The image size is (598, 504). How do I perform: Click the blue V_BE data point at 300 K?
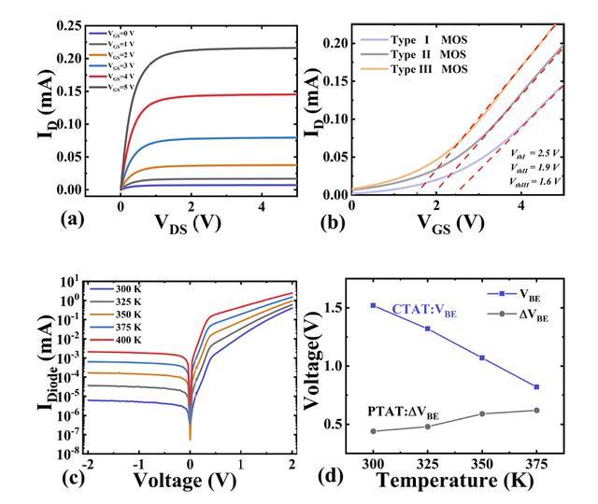coord(374,305)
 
